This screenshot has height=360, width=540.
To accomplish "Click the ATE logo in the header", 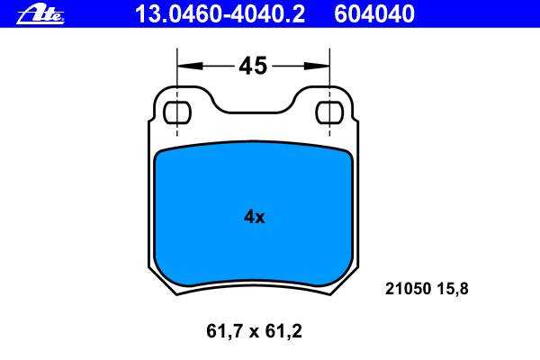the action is coord(40,15).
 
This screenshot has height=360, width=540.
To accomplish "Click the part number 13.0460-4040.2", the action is coord(220,13).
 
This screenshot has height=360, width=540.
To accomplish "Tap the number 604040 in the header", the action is coord(374,13).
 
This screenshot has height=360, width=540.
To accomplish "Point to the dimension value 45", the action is coord(253,66).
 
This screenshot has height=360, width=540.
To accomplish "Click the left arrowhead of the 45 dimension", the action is coord(189,66).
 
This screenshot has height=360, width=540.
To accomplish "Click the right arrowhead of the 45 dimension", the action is coord(317,66).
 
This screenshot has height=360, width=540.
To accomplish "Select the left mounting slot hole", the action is coord(177,112).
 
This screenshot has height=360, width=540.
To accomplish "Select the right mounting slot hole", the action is coord(329,112).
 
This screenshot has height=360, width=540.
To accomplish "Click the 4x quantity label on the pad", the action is coord(254,217).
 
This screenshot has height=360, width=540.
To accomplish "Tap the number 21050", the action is coord(408,289).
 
